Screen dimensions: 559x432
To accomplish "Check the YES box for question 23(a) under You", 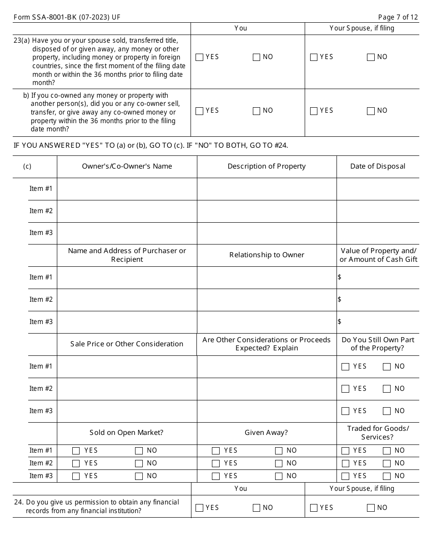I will pos(199,57).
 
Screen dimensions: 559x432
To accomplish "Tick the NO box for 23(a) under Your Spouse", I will pos(371,57).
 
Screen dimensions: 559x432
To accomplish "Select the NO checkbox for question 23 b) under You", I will pos(256,111).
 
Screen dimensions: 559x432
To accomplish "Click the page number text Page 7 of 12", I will pos(397,17).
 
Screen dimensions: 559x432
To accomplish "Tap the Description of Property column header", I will pos(266,166).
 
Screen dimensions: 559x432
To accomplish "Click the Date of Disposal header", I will pos(377,166).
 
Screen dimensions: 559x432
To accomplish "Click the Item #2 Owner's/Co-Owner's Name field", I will pos(127,211).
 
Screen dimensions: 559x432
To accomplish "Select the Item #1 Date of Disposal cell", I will pos(377,189).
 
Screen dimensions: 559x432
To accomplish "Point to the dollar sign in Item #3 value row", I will pos(340,322).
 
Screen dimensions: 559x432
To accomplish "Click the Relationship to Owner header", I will pos(266,255).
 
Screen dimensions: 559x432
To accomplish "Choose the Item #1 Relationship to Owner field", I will pos(266,277).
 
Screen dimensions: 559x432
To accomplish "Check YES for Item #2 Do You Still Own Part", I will pos(346,389).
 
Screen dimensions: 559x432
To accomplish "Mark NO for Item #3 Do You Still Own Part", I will pos(387,411).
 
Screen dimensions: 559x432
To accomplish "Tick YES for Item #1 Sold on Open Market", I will pos(76,451).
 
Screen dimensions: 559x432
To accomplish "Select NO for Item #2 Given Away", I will pos(279,464).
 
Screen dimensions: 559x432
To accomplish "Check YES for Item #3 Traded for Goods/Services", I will pos(346,476).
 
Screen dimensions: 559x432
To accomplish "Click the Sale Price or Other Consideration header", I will pos(127,344).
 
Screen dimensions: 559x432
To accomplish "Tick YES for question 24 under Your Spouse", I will pos(313,508).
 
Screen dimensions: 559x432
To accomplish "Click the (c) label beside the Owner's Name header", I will pos(27,166).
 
